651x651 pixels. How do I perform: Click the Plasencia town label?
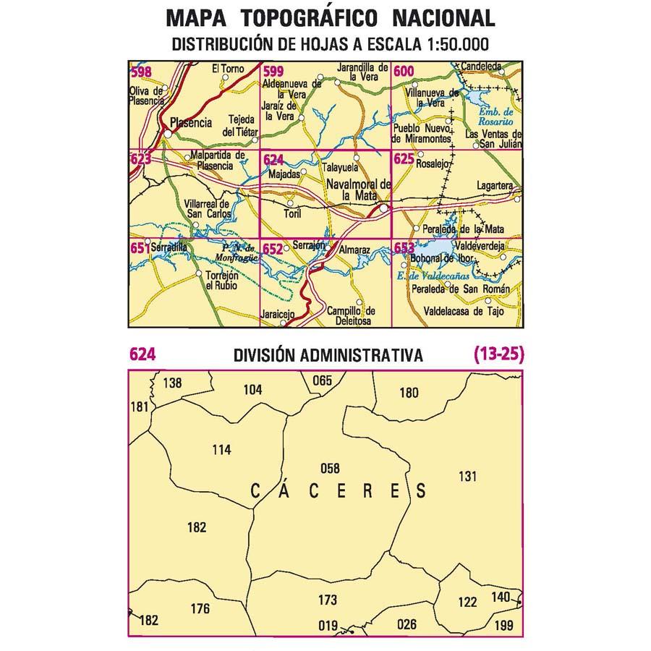click(x=191, y=123)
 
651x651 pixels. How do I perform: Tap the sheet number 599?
click(x=273, y=71)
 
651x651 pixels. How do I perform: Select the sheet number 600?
click(x=404, y=71)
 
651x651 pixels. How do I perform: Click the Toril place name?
click(x=293, y=214)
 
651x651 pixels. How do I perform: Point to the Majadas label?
click(x=283, y=175)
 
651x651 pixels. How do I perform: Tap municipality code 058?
click(x=329, y=468)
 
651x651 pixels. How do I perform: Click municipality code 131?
click(x=469, y=475)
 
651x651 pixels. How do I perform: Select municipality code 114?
click(x=221, y=450)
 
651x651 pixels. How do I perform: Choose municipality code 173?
click(x=328, y=600)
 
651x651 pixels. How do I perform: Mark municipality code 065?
click(x=322, y=380)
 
